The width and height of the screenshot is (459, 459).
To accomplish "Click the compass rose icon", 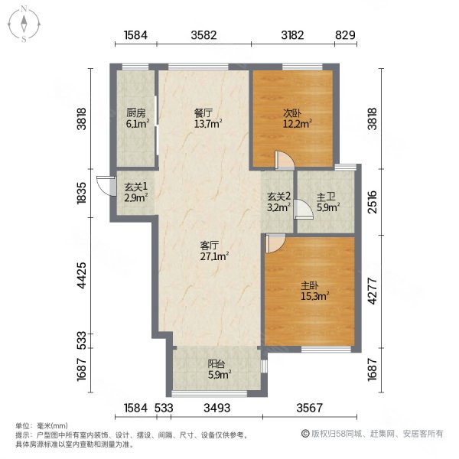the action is pyautogui.click(x=24, y=24).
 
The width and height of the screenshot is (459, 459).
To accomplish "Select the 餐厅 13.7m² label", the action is pyautogui.click(x=208, y=119).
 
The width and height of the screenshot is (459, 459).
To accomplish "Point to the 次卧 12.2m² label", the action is pyautogui.click(x=297, y=119).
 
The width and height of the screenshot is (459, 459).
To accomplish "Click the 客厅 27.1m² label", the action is pyautogui.click(x=214, y=251).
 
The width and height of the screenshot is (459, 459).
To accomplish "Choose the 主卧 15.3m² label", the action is pyautogui.click(x=315, y=291).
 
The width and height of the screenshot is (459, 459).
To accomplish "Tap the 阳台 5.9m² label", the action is pyautogui.click(x=220, y=369).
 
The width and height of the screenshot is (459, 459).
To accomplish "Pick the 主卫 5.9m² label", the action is pyautogui.click(x=328, y=202).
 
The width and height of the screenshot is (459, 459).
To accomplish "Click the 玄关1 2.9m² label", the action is pyautogui.click(x=135, y=192).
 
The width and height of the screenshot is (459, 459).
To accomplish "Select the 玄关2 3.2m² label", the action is pyautogui.click(x=278, y=201).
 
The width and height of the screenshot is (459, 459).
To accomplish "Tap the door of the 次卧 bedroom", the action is pyautogui.click(x=285, y=160).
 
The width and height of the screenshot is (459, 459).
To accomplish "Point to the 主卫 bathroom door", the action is pyautogui.click(x=303, y=209).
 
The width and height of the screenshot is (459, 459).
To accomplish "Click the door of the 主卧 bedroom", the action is pyautogui.click(x=275, y=243).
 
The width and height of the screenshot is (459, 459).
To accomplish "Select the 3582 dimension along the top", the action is pyautogui.click(x=203, y=35).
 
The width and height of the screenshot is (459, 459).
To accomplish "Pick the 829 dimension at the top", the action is pyautogui.click(x=346, y=35).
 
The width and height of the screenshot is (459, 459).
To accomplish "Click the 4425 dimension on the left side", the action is pyautogui.click(x=82, y=275).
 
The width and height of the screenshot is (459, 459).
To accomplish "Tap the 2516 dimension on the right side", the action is pyautogui.click(x=373, y=202).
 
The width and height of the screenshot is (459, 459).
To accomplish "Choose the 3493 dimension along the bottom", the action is pyautogui.click(x=217, y=408).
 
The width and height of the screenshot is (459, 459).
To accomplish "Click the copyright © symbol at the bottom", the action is pyautogui.click(x=305, y=434).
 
